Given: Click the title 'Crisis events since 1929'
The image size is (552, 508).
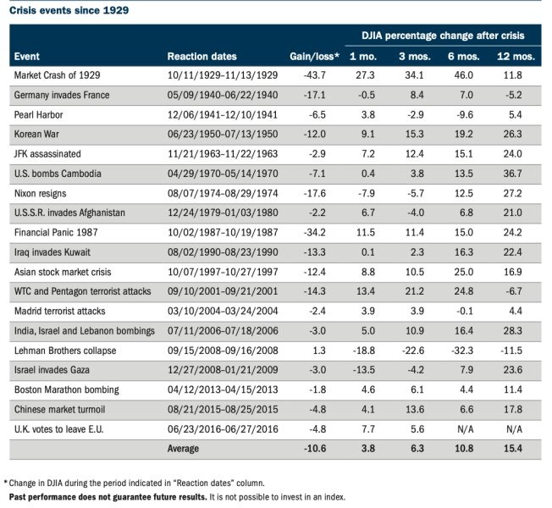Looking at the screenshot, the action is click(69, 10).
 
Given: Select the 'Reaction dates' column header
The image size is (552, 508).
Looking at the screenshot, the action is click(201, 57).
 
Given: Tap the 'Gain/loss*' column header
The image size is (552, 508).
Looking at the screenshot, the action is click(314, 57).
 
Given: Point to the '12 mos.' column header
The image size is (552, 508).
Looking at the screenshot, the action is click(516, 57).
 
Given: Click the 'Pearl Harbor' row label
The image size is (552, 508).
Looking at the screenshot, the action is click(38, 115).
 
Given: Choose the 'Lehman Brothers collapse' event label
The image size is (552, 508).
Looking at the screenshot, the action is click(65, 351).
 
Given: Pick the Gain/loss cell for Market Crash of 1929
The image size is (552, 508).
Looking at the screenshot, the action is click(314, 75).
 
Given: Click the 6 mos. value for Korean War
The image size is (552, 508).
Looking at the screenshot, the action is click(464, 134).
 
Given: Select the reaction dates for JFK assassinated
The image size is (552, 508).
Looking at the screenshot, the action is click(223, 154).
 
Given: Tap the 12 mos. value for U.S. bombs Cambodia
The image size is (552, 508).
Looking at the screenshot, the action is click(512, 174).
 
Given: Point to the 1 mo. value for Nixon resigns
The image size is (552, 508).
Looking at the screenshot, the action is click(366, 193).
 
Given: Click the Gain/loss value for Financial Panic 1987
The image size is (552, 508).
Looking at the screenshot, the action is click(314, 232).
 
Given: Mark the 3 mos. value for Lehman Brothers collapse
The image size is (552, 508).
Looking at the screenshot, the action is click(413, 351).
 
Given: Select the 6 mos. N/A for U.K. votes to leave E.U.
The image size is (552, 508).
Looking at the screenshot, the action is click(465, 429).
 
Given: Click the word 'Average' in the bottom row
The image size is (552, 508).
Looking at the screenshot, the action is click(183, 449).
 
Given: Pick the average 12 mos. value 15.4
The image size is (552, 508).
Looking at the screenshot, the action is click(512, 449).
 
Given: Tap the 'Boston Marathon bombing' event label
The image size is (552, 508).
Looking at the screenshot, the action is click(67, 389).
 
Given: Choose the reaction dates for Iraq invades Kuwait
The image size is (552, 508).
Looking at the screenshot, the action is click(223, 252).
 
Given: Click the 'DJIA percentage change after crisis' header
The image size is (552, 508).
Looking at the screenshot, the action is click(443, 36).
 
